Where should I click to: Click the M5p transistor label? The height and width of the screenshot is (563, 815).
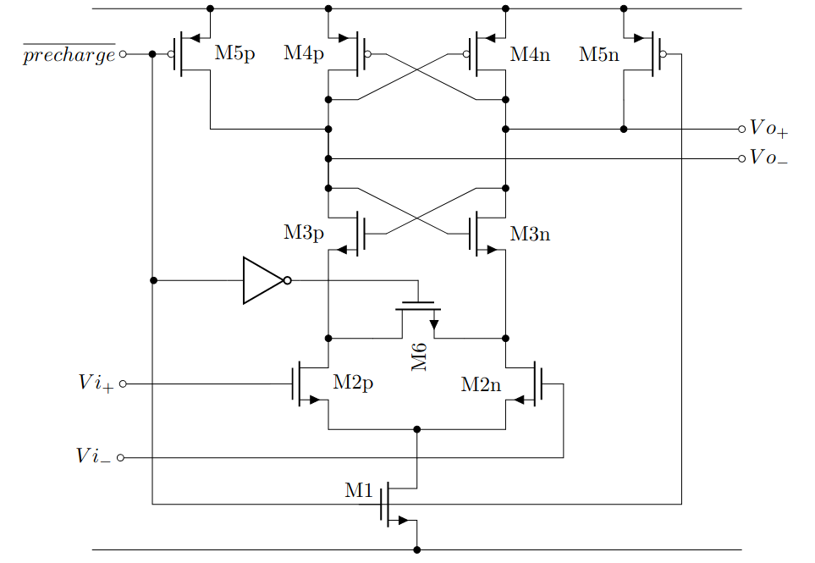234,54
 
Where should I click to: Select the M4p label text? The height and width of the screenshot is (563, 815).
304,54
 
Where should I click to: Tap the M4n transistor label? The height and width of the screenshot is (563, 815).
530,55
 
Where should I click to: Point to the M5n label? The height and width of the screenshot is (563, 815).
599,55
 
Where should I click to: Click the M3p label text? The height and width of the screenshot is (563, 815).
304,234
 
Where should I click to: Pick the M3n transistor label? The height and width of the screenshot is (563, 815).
530,235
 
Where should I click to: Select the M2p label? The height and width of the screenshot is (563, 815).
353,383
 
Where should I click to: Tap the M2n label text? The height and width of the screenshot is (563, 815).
481,384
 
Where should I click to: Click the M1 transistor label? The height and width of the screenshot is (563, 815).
358,489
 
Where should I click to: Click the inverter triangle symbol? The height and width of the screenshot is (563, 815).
262,280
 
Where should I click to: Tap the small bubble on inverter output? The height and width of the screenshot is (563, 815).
288,280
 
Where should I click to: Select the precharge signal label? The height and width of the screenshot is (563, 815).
69,56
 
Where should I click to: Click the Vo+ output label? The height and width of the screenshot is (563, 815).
768,130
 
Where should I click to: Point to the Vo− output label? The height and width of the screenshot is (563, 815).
768,158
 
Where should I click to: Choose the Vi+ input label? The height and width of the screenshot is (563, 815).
96,384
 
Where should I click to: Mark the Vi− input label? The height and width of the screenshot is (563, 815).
94,457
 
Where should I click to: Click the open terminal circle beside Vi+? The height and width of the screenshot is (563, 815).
123,384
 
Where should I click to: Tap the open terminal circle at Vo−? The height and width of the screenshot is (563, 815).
741,158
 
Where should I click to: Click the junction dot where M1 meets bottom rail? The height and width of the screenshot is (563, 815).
417,550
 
